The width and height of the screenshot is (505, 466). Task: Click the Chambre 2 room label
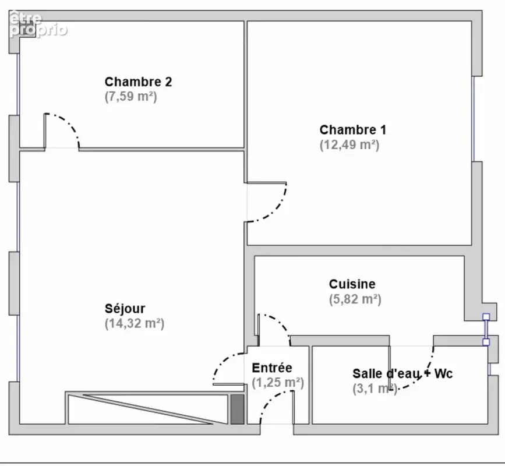click(138, 82)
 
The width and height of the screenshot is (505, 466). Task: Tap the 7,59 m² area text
click(130, 97)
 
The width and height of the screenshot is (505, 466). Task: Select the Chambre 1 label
click(352, 130)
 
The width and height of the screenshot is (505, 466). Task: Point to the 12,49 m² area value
click(349, 145)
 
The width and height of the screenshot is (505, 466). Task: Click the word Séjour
click(125, 309)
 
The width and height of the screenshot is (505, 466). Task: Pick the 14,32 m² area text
click(135, 323)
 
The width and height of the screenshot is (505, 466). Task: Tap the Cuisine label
click(352, 284)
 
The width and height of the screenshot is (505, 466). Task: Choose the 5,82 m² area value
click(355, 299)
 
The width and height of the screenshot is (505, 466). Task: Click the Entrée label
click(272, 368)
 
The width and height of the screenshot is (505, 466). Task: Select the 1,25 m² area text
click(278, 383)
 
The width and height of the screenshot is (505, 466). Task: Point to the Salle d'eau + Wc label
click(402, 373)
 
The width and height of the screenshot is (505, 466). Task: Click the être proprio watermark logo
click(38, 24)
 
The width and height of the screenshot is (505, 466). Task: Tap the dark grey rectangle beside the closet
click(238, 409)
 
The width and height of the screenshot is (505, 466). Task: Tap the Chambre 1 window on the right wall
click(473, 119)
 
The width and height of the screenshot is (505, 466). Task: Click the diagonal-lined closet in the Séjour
click(148, 408)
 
